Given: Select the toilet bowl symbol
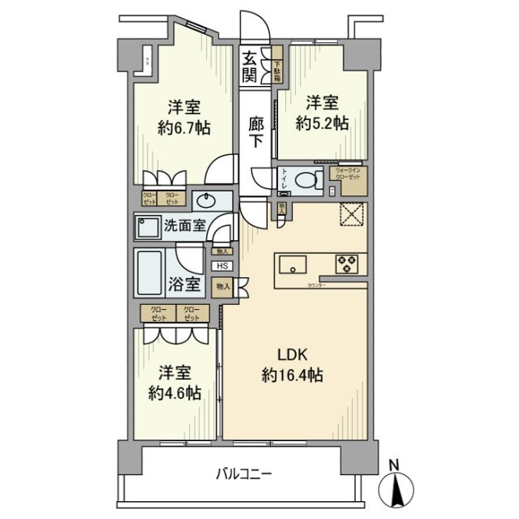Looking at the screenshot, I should tap(308, 181).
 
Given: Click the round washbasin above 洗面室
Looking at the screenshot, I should tap(204, 201).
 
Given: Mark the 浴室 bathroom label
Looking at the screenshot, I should tap(185, 285).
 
